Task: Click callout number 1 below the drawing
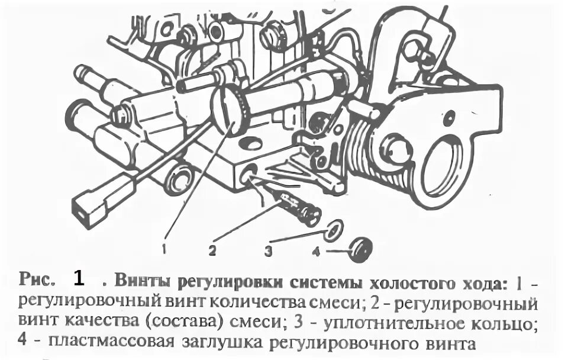[x=163, y=249]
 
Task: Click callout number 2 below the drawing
[x=212, y=250]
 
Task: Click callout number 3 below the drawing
[x=268, y=251]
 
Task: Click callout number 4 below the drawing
[x=315, y=251]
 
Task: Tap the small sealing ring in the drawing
[x=333, y=229]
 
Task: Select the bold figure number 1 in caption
[x=80, y=278]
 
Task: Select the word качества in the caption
[x=95, y=323]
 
